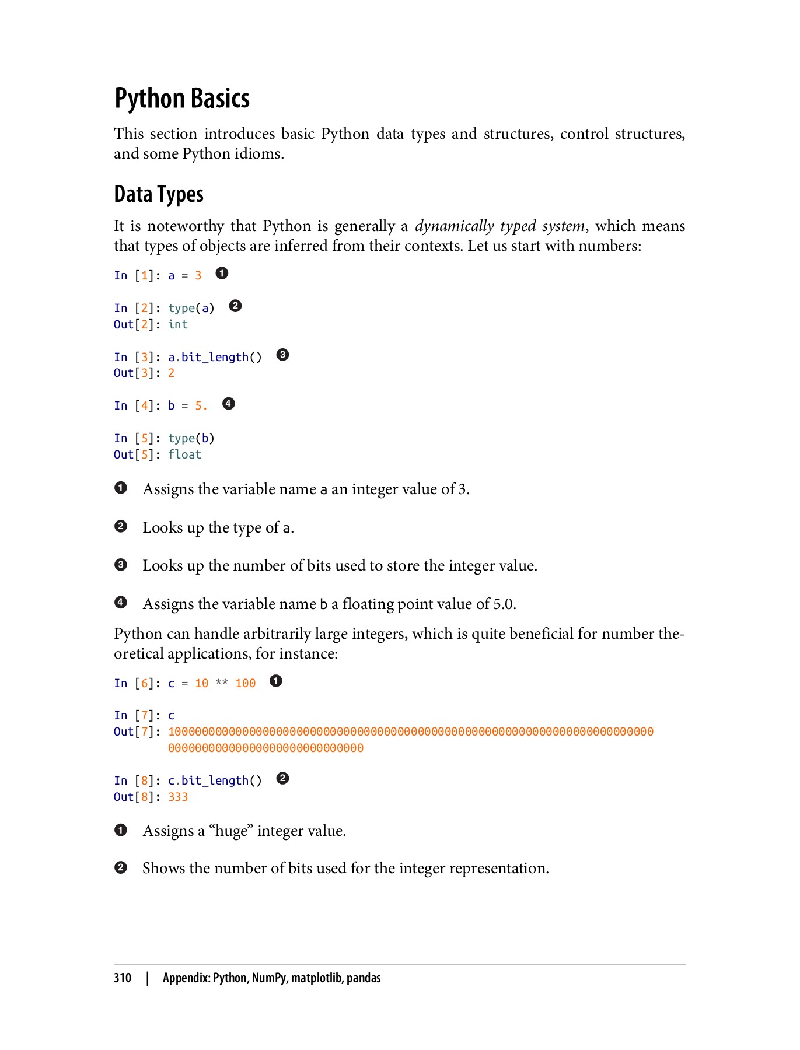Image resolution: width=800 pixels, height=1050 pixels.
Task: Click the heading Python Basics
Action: [x=181, y=98]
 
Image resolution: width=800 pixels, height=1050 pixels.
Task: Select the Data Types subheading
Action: [x=159, y=194]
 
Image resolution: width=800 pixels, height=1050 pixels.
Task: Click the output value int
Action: [x=178, y=325]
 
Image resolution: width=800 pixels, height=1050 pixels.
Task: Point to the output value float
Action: [x=184, y=455]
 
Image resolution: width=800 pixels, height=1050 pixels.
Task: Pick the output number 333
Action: [x=178, y=797]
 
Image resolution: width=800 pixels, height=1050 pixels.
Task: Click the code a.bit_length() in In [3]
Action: [x=215, y=357]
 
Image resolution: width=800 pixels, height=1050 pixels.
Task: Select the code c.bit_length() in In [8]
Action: [x=215, y=780]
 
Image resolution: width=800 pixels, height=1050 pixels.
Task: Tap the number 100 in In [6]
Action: [x=245, y=683]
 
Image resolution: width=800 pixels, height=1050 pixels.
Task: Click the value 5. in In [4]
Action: [x=201, y=406]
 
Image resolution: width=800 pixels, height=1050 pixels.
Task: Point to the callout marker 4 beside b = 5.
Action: [x=229, y=404]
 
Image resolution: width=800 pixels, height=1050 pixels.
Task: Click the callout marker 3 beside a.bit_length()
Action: [x=282, y=355]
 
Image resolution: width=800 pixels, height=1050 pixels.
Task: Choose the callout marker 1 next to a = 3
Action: [x=222, y=273]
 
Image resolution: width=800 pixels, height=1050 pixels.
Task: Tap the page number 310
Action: [x=123, y=978]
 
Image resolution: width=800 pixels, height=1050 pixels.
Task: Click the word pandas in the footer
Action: [x=363, y=978]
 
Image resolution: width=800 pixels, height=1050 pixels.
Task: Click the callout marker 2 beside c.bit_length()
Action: [x=282, y=778]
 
